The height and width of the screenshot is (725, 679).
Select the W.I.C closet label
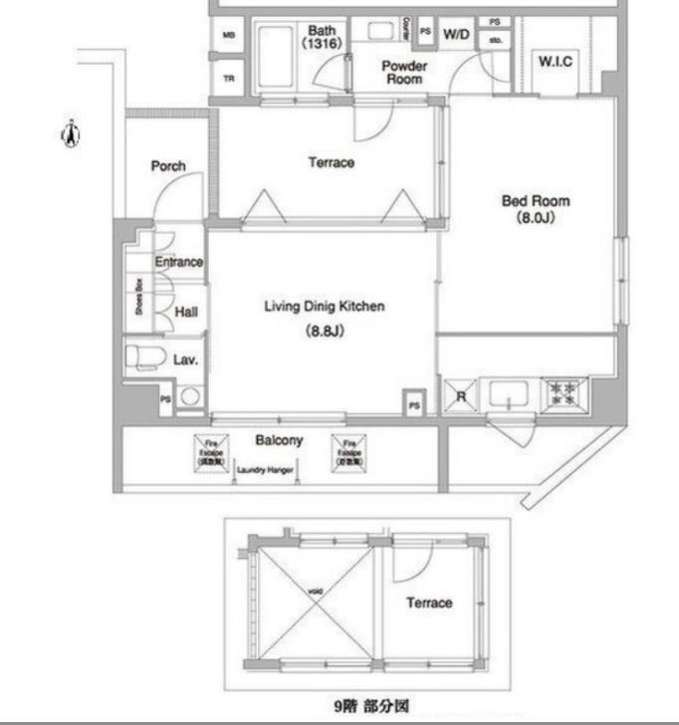[556, 62]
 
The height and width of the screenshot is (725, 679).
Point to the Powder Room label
[405, 72]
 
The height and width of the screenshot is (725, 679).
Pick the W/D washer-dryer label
[456, 34]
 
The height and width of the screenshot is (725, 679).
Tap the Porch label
[168, 166]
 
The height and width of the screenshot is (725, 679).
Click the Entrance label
[178, 262]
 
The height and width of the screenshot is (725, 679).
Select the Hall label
[186, 312]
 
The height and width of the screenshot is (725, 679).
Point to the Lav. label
[186, 360]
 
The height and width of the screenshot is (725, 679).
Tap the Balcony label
[280, 440]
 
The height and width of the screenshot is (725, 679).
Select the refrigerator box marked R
[460, 394]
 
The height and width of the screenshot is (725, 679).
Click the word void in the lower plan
[315, 593]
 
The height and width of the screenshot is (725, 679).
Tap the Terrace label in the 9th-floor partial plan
[429, 603]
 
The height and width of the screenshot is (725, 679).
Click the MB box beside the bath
[228, 36]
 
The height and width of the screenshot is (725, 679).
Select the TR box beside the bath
[228, 80]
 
